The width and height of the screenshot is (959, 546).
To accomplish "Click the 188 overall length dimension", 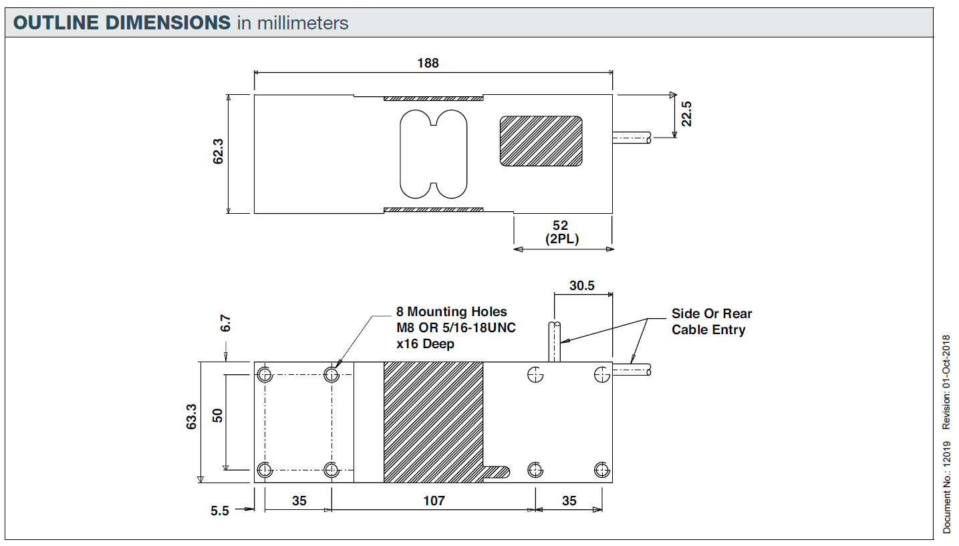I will [428, 63].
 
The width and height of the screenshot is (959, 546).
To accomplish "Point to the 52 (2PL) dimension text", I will [562, 232].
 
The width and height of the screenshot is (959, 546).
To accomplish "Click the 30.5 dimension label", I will [581, 285].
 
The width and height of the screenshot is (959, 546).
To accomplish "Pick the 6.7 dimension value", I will [226, 323].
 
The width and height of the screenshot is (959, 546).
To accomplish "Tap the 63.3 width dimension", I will [192, 416].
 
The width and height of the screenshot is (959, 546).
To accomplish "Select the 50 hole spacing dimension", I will [217, 415].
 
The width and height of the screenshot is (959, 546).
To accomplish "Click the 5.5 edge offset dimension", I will [220, 511].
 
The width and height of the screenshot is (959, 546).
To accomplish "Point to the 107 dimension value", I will [434, 500].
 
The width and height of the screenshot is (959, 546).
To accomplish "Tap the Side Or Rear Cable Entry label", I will [712, 321].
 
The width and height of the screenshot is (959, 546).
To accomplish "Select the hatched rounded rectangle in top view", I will [541, 141].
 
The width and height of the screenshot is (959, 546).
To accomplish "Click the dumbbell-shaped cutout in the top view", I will [433, 154].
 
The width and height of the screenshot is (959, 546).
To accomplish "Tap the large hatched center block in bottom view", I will [433, 422].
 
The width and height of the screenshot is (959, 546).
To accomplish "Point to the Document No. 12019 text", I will [946, 493].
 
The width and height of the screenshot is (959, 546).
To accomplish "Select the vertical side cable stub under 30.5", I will [555, 342].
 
